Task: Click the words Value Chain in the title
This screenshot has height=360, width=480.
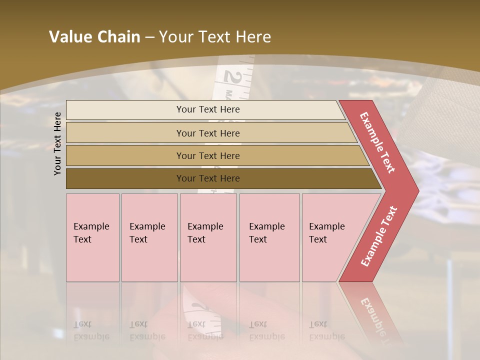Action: (94, 37)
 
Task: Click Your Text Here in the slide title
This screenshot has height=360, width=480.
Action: (215, 37)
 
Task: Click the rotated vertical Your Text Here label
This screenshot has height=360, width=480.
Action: (57, 143)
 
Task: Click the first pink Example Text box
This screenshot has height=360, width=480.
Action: (92, 237)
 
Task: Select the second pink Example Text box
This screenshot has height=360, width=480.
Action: (149, 237)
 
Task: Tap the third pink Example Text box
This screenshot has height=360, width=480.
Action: (208, 237)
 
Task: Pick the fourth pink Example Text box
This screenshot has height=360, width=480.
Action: (269, 237)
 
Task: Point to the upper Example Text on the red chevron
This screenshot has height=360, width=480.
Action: (377, 142)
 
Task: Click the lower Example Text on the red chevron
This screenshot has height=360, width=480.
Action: (379, 236)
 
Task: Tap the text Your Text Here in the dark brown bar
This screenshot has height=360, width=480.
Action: (208, 178)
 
